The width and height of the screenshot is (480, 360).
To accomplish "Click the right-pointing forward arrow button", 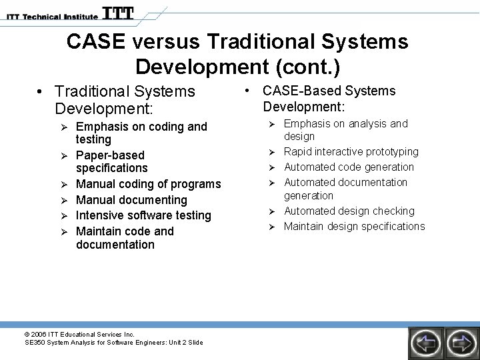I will tap(460, 343).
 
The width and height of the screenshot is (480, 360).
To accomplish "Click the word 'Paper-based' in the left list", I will tap(110, 155).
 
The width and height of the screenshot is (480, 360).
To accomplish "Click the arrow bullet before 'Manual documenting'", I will tap(65, 200).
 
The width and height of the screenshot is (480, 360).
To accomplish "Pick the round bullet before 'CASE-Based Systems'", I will tap(247, 91).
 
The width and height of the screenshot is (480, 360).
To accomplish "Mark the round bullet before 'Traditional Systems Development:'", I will tap(41, 91).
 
